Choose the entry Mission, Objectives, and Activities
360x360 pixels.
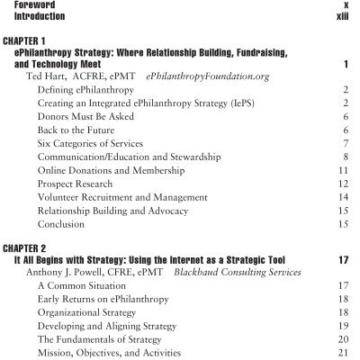114,340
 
